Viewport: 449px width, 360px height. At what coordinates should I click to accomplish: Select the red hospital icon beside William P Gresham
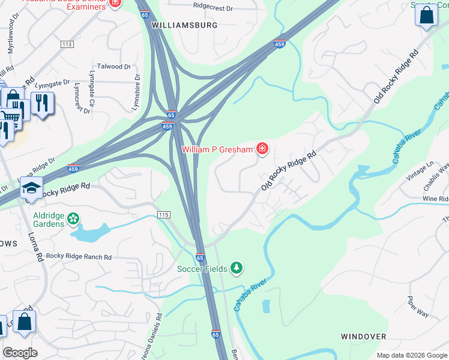[x=262, y=148]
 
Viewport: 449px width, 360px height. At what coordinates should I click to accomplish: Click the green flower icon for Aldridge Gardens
[x=73, y=219]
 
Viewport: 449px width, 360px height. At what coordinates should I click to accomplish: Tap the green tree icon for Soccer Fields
[x=237, y=268]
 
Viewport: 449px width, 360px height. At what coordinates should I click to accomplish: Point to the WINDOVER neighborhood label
[x=363, y=337]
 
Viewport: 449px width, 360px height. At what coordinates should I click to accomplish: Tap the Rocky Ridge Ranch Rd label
[x=79, y=256]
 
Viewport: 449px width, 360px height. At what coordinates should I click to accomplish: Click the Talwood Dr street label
[x=113, y=67]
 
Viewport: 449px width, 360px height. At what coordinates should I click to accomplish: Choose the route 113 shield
[x=67, y=44]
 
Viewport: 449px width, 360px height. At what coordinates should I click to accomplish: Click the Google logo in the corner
[x=20, y=353]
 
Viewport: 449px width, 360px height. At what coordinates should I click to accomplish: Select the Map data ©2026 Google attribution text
[x=411, y=355]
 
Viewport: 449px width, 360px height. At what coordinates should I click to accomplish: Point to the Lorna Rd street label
[x=34, y=246]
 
